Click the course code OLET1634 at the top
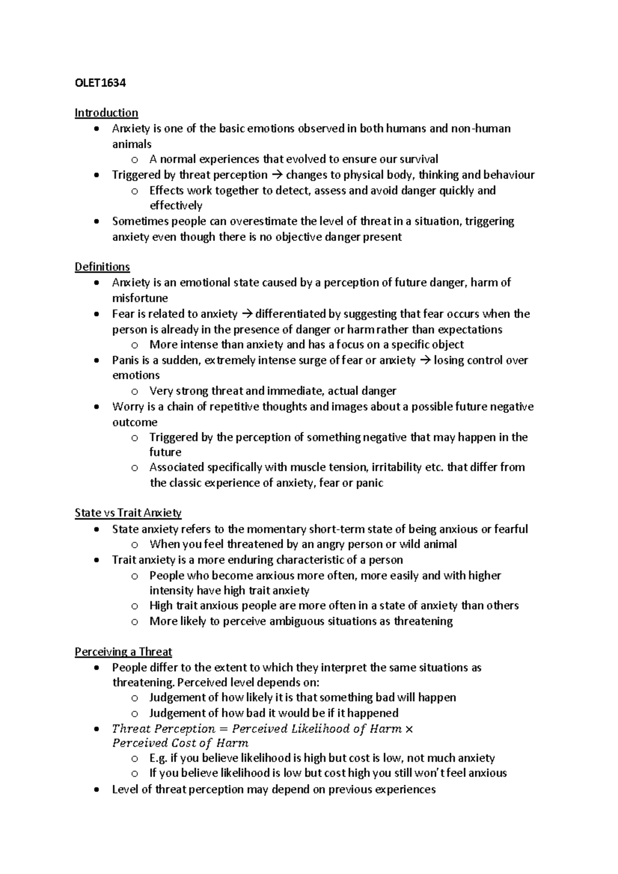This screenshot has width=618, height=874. [x=100, y=82]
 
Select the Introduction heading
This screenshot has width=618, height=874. [x=106, y=113]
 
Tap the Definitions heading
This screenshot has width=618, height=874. [x=102, y=267]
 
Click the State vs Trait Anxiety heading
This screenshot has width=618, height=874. [x=128, y=513]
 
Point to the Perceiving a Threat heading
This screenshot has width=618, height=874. [x=123, y=652]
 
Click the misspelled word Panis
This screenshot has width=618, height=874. [x=124, y=360]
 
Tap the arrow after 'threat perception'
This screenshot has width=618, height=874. [x=277, y=175]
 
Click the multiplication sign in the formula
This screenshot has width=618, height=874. [x=409, y=729]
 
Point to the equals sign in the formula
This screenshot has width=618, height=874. [x=224, y=729]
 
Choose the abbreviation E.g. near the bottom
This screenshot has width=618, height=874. [x=158, y=758]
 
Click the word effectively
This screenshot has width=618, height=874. [x=176, y=205]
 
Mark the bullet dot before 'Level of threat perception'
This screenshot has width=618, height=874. [x=96, y=790]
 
